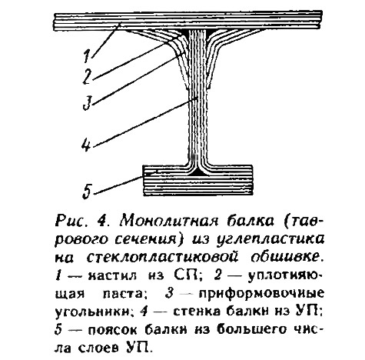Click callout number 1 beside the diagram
87,55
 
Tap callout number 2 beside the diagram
88,77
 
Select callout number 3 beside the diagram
87,102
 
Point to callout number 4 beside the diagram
87,145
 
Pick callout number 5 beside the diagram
87,192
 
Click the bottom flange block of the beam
197,181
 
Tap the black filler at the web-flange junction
197,172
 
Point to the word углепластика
270,240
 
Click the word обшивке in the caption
285,257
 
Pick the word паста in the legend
122,294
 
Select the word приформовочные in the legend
261,294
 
